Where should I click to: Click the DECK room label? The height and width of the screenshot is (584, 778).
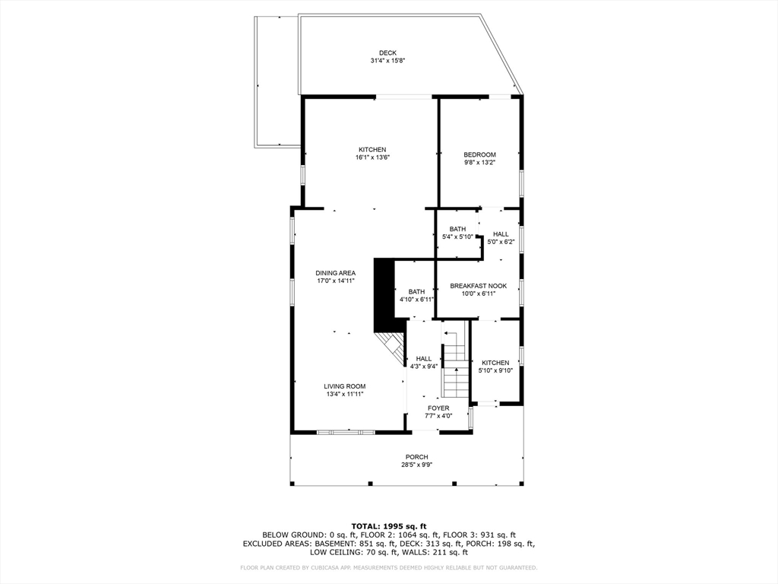(387, 53)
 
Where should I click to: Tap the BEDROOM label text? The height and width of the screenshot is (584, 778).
(480, 154)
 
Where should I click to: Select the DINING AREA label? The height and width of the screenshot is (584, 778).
(335, 273)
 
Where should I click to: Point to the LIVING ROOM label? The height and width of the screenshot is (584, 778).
(345, 386)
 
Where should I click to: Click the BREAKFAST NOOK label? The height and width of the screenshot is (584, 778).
(479, 286)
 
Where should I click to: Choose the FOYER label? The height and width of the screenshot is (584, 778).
(438, 408)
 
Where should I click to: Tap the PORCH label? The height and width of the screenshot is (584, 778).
(417, 457)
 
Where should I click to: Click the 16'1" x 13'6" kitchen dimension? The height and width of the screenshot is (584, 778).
(372, 157)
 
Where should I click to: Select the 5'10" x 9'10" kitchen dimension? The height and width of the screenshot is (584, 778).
(495, 370)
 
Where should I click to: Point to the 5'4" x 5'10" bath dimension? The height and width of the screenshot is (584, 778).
(457, 237)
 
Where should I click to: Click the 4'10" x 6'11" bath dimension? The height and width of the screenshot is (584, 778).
(417, 300)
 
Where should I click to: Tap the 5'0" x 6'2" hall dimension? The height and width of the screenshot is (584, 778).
(501, 242)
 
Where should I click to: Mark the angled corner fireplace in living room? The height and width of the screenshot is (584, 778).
(391, 348)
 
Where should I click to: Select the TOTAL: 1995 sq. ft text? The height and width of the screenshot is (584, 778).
(389, 526)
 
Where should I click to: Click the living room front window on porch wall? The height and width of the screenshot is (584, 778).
(346, 433)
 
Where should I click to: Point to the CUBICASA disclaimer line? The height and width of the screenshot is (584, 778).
(388, 567)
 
